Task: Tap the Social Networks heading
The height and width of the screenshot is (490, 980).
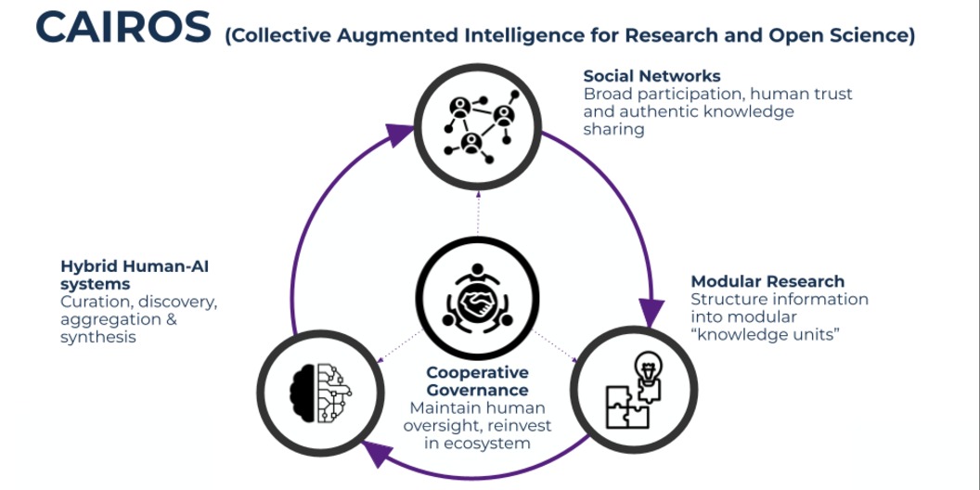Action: pyautogui.click(x=651, y=76)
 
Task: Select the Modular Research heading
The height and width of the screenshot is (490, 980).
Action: pyautogui.click(x=767, y=281)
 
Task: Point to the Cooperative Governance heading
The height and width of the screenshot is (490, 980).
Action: pyautogui.click(x=477, y=381)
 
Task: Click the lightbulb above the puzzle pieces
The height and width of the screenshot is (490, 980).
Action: pyautogui.click(x=648, y=369)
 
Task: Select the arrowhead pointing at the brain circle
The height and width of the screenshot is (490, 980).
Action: pyautogui.click(x=373, y=452)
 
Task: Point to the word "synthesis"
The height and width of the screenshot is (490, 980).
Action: pyautogui.click(x=98, y=337)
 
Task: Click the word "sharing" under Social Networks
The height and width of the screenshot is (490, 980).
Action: pyautogui.click(x=613, y=129)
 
